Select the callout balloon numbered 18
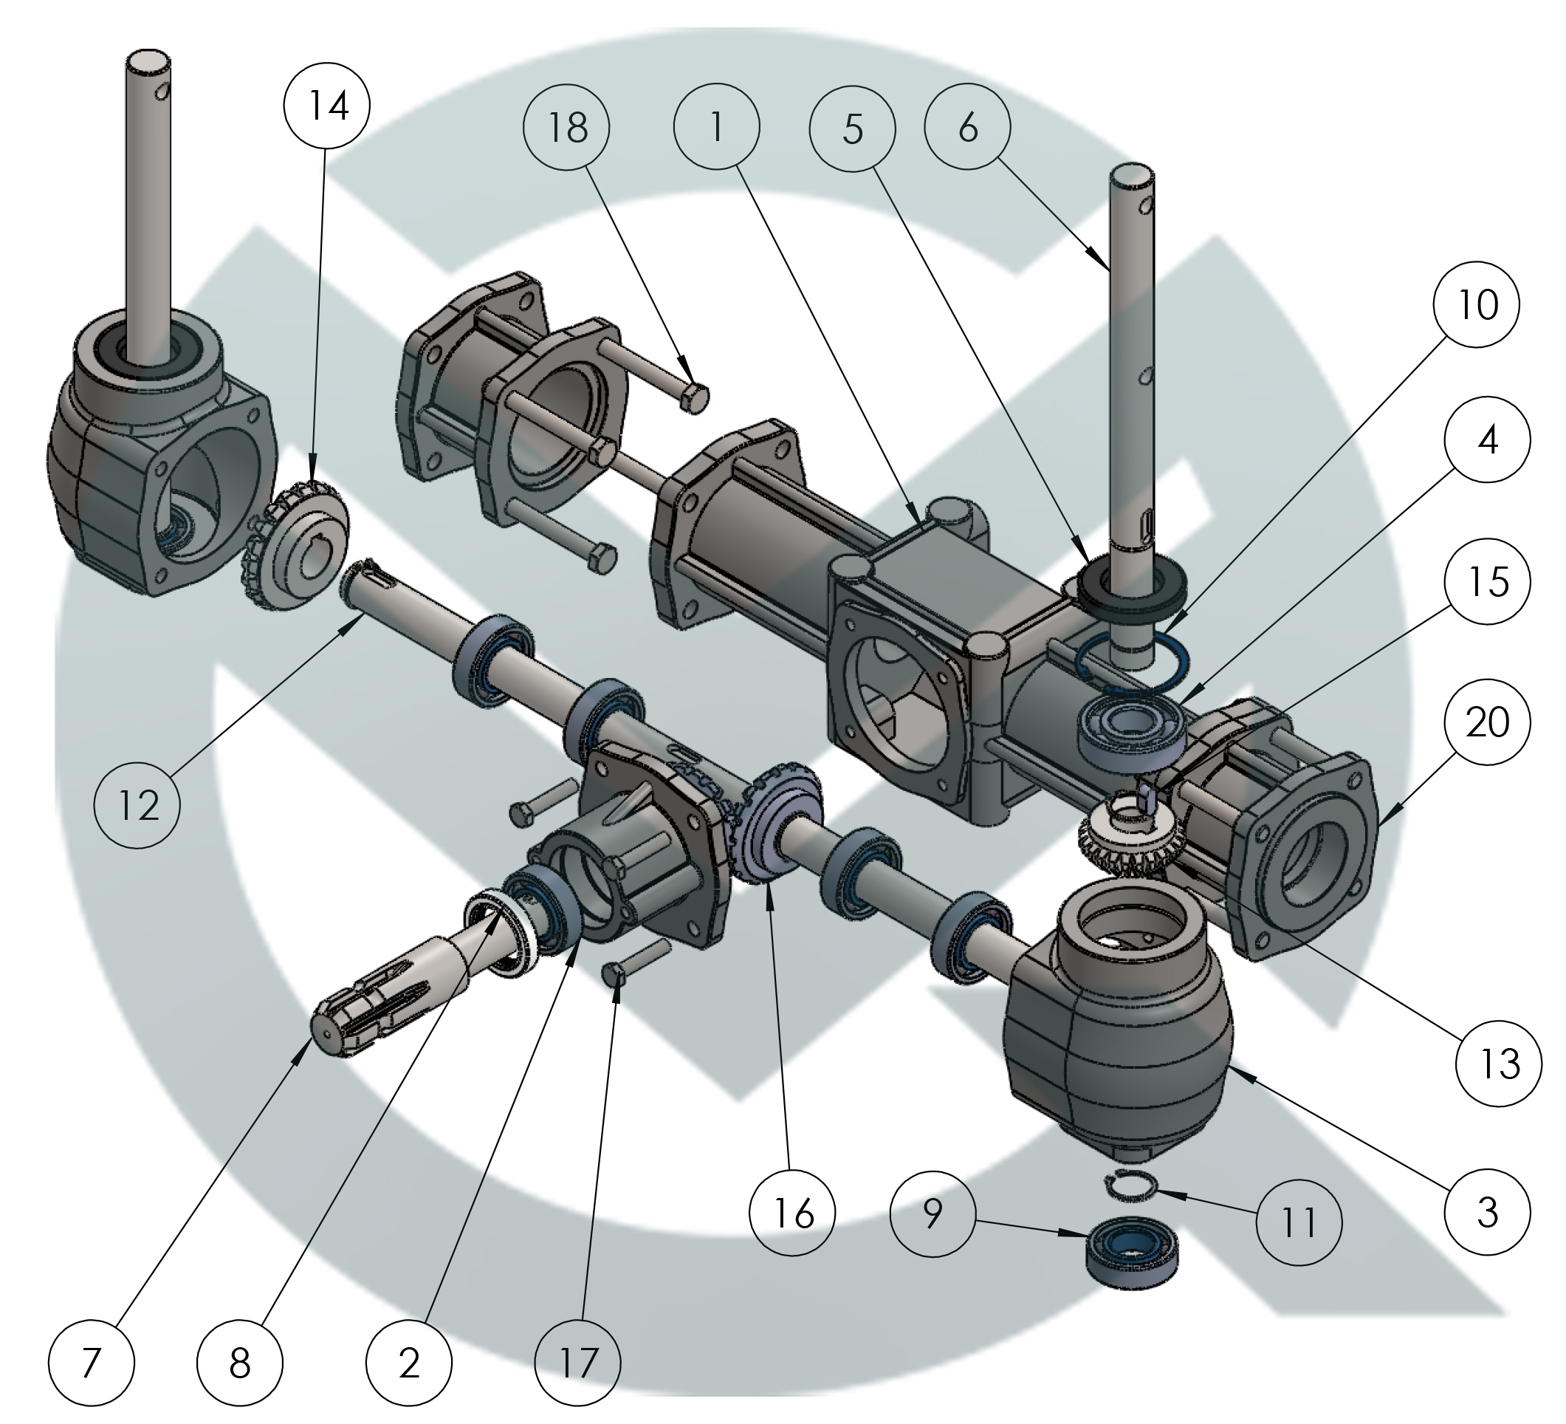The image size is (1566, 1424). pos(566,127)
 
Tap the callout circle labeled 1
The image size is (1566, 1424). pos(716,126)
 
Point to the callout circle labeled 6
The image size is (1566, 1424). pos(967,126)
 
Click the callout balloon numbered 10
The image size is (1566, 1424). pos(1477,304)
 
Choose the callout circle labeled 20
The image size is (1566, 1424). pos(1487,722)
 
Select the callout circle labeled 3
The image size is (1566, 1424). pos(1487,1211)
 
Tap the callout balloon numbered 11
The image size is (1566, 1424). pos(1299,1222)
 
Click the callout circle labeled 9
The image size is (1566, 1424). pos(933,1214)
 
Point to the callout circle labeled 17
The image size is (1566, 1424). pos(578,1362)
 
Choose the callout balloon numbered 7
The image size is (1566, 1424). pos(91,1363)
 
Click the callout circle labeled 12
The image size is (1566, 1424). pos(137,805)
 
